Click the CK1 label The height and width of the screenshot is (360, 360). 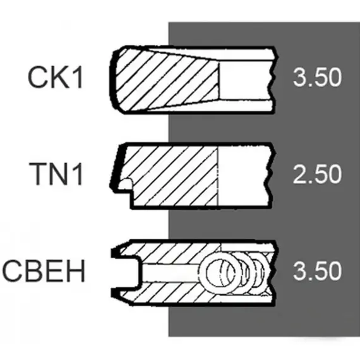55,77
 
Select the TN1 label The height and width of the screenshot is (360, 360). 56,174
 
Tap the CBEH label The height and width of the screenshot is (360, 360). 44,270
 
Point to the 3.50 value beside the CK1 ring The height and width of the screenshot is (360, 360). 317,77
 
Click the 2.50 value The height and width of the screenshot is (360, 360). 317,174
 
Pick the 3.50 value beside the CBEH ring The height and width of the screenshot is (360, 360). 317,270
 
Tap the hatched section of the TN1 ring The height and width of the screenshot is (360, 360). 172,176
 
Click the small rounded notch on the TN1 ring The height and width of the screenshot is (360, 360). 126,184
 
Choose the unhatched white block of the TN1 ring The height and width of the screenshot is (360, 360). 243,176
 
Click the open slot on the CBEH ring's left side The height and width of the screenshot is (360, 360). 126,272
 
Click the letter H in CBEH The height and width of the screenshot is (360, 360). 76,270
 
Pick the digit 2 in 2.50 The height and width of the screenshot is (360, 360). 300,174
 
